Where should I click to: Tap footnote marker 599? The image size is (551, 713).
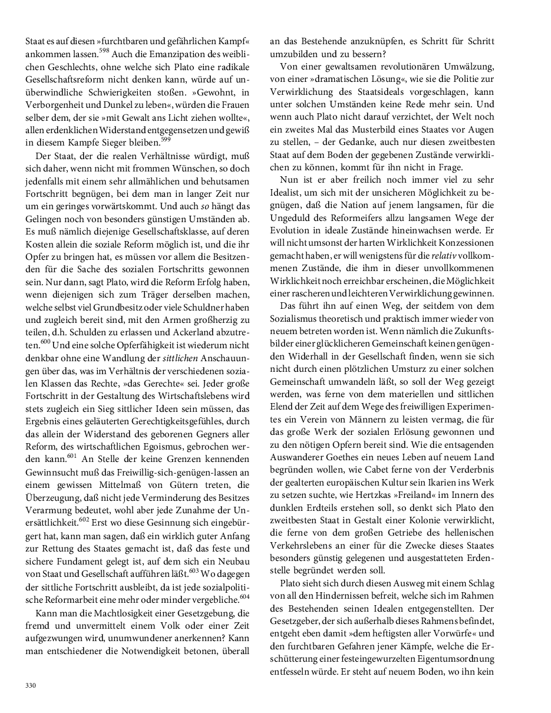pyautogui.click(x=166, y=139)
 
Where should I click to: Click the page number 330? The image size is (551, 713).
pyautogui.click(x=31, y=685)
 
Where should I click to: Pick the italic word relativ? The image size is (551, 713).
pyautogui.click(x=444, y=256)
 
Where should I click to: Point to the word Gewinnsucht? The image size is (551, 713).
pyautogui.click(x=50, y=455)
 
